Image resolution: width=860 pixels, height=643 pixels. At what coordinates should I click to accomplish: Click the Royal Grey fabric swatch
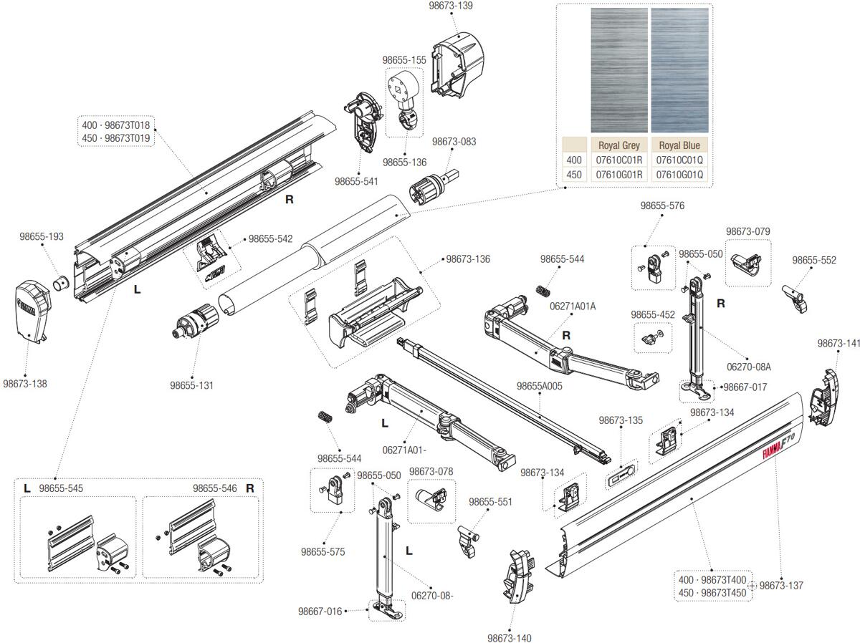[x=618, y=70]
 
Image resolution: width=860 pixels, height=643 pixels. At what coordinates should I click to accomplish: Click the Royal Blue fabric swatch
[x=679, y=70]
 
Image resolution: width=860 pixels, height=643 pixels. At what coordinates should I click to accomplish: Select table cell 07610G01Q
[x=679, y=174]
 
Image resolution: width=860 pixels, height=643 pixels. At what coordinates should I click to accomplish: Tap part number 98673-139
[x=450, y=6]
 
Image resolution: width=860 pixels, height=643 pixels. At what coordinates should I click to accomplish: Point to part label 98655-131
[x=191, y=385]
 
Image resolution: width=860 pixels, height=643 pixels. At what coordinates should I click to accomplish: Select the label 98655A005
[x=539, y=386]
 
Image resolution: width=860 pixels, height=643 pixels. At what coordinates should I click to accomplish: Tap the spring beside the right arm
[x=544, y=290]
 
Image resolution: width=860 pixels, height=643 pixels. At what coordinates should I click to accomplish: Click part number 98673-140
[x=510, y=637]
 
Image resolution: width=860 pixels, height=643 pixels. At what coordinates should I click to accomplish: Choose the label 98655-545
[x=61, y=488]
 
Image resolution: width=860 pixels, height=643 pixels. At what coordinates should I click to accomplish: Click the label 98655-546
[x=214, y=488]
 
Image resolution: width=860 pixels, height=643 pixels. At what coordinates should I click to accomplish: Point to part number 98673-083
[x=454, y=142]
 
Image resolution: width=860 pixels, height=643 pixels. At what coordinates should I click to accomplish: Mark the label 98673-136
[x=468, y=259]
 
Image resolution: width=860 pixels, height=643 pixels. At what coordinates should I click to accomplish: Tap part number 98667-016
[x=320, y=611]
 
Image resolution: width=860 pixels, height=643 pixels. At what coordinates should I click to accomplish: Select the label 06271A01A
[x=573, y=306]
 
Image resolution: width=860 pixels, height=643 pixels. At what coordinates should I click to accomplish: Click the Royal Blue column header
[x=679, y=145]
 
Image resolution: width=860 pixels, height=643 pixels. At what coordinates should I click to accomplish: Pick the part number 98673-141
[x=838, y=343]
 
